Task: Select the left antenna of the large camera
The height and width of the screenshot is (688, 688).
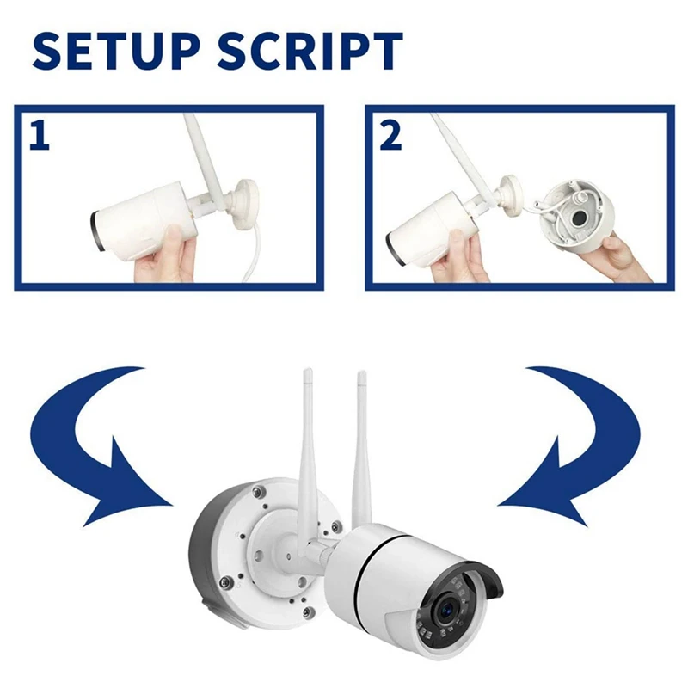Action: click(x=308, y=447)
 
